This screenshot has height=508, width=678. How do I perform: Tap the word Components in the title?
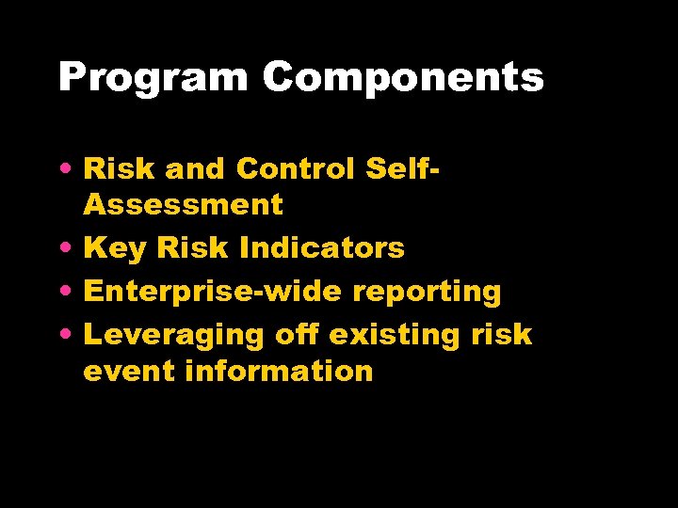click(x=403, y=78)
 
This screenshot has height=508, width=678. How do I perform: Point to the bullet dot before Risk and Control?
click(x=70, y=169)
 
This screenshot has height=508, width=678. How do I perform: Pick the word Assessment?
click(x=183, y=204)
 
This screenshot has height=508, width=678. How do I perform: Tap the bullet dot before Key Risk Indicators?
click(x=70, y=248)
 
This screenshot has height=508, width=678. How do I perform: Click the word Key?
click(x=116, y=248)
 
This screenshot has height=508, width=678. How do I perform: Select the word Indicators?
click(x=322, y=248)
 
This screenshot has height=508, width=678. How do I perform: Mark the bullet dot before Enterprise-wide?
click(x=70, y=292)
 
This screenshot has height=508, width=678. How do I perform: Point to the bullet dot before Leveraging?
click(x=70, y=335)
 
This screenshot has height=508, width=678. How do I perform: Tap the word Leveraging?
click(x=175, y=336)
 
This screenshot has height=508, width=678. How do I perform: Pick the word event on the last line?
click(x=130, y=371)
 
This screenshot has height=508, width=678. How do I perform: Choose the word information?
click(x=280, y=371)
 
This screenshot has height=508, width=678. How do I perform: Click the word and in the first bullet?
click(x=193, y=168)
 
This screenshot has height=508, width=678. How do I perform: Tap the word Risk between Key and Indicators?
click(x=193, y=248)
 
